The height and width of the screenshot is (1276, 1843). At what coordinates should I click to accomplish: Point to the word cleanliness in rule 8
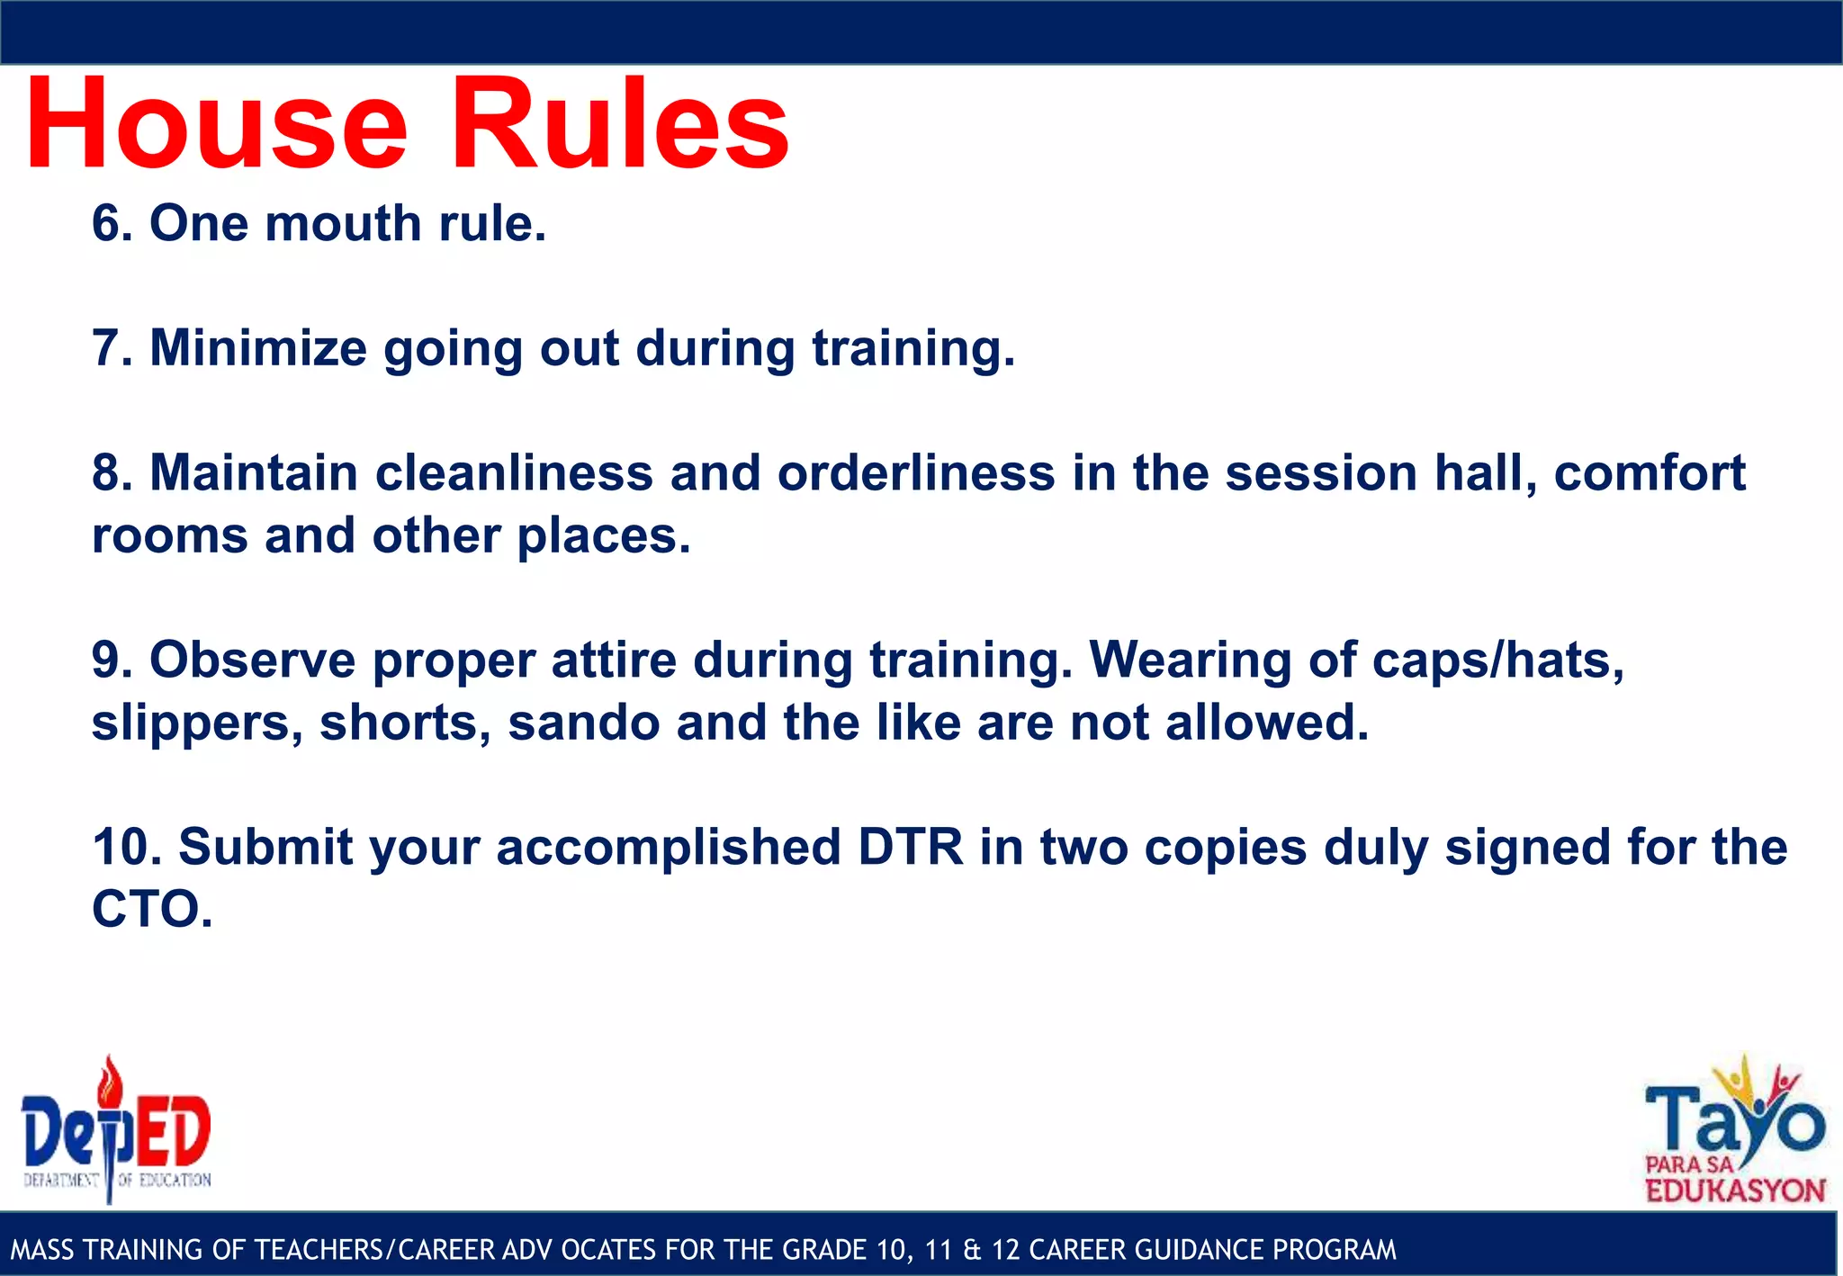[x=514, y=473]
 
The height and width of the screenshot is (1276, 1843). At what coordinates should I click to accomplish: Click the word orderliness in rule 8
[x=916, y=473]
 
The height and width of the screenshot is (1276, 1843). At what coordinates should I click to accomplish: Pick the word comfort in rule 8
[x=1650, y=473]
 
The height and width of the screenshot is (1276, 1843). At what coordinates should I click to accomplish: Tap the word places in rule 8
[x=602, y=536]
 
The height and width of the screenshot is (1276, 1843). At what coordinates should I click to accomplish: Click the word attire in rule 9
[x=613, y=660]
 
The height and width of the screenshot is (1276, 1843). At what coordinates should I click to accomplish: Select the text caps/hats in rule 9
[x=1498, y=660]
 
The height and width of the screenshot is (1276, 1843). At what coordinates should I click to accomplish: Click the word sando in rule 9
[x=584, y=723]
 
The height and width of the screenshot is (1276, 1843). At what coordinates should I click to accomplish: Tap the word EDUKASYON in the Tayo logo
[x=1735, y=1191]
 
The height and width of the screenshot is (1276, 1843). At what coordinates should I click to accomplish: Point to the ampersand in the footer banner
[x=971, y=1250]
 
